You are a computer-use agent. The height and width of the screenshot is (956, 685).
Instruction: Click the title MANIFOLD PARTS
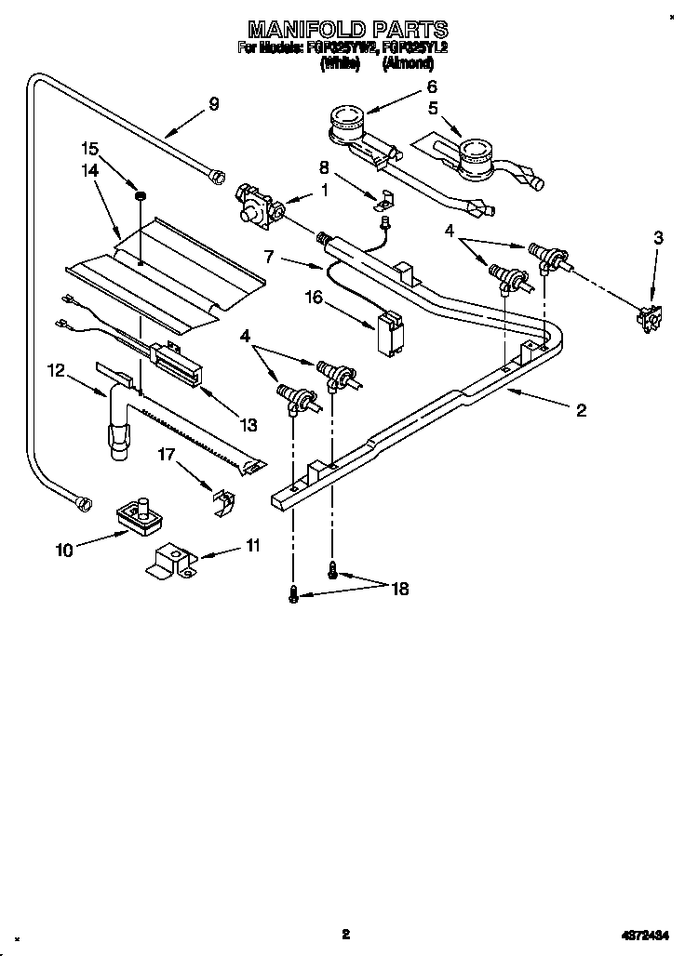click(342, 30)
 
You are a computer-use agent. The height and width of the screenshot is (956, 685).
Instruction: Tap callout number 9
click(214, 103)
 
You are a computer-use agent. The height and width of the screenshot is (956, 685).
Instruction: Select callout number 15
click(89, 148)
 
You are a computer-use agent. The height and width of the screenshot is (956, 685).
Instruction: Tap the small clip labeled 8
click(387, 199)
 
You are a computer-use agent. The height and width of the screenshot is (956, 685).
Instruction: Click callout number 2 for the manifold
click(581, 410)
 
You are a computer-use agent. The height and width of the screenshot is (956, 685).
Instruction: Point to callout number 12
click(56, 371)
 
